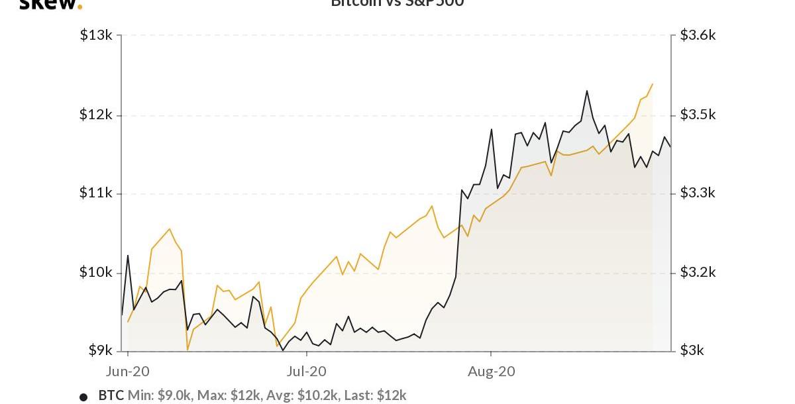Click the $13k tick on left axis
click(x=96, y=35)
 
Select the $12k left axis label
click(x=96, y=115)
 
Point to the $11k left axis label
click(x=96, y=193)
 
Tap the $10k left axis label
click(x=96, y=272)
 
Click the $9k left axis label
click(x=100, y=350)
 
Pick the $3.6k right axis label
click(x=698, y=35)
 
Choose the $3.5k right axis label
click(x=698, y=115)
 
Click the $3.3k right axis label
click(x=698, y=193)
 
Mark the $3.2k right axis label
click(x=698, y=272)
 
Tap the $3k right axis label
click(x=692, y=350)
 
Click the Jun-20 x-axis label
click(x=128, y=372)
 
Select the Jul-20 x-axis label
click(x=307, y=372)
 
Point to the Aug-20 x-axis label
click(x=491, y=372)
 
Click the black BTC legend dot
click(x=83, y=397)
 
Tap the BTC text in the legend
click(x=111, y=395)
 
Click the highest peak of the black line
click(x=587, y=91)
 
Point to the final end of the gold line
click(x=653, y=84)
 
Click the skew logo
click(x=50, y=4)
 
